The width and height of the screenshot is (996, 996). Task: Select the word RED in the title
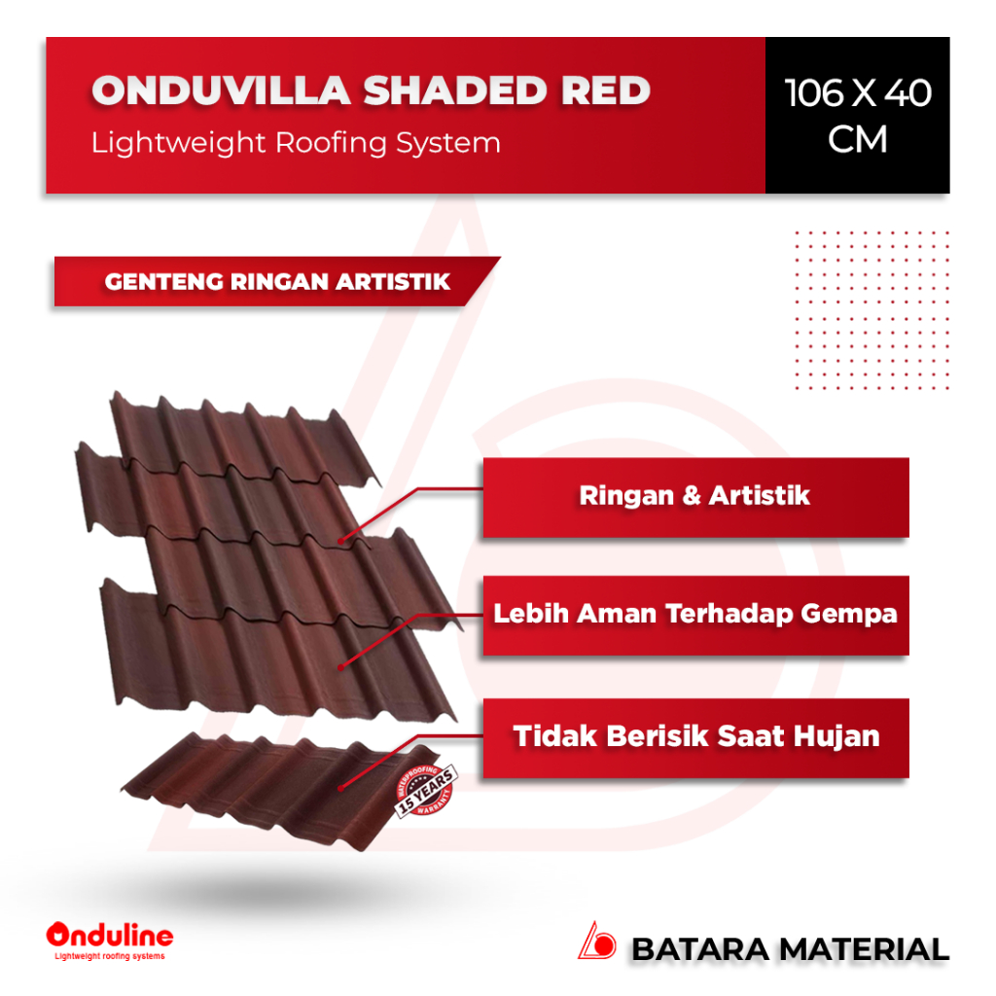pos(605,90)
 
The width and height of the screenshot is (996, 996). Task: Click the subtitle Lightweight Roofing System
pos(296,143)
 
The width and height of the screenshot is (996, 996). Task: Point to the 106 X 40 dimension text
pos(858,93)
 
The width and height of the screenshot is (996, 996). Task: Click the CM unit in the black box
pos(858,140)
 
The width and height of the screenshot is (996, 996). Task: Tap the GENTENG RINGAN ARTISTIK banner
pos(277,282)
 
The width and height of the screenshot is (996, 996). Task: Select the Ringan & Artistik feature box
pos(695,496)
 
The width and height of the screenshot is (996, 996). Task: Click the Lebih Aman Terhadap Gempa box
pos(695,615)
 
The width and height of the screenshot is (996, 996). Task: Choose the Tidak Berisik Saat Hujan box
pos(695,736)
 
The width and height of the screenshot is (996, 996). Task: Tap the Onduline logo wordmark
pos(110,936)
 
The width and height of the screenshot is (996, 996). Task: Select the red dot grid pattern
pos(870,309)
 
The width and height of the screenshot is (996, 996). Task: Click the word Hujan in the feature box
pos(836,736)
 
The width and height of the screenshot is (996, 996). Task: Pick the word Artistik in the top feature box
pos(759,496)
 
